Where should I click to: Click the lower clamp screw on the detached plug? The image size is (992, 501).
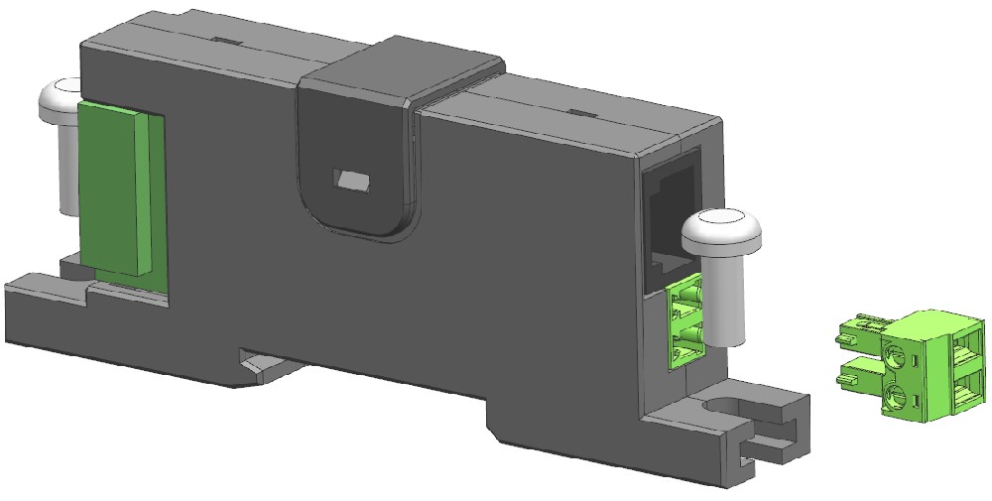pyautogui.click(x=896, y=398)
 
